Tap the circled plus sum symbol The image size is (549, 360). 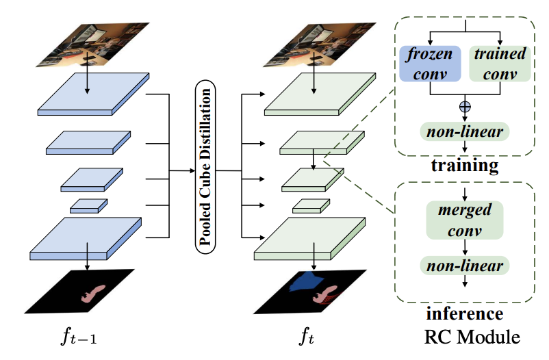click(x=465, y=107)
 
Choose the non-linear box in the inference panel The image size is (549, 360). click(x=465, y=266)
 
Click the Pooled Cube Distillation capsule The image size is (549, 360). click(x=204, y=168)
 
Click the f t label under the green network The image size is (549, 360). click(x=307, y=336)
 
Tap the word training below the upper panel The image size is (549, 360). click(x=465, y=166)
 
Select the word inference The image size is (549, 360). click(x=465, y=315)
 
